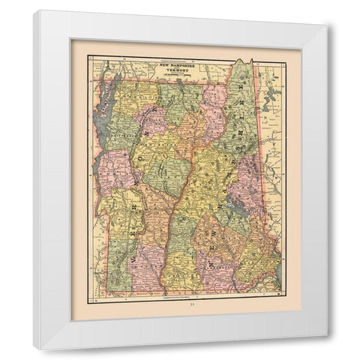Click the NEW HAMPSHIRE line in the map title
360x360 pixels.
click(178, 66)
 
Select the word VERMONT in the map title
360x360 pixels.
click(178, 70)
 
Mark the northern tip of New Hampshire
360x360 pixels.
click(241, 61)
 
